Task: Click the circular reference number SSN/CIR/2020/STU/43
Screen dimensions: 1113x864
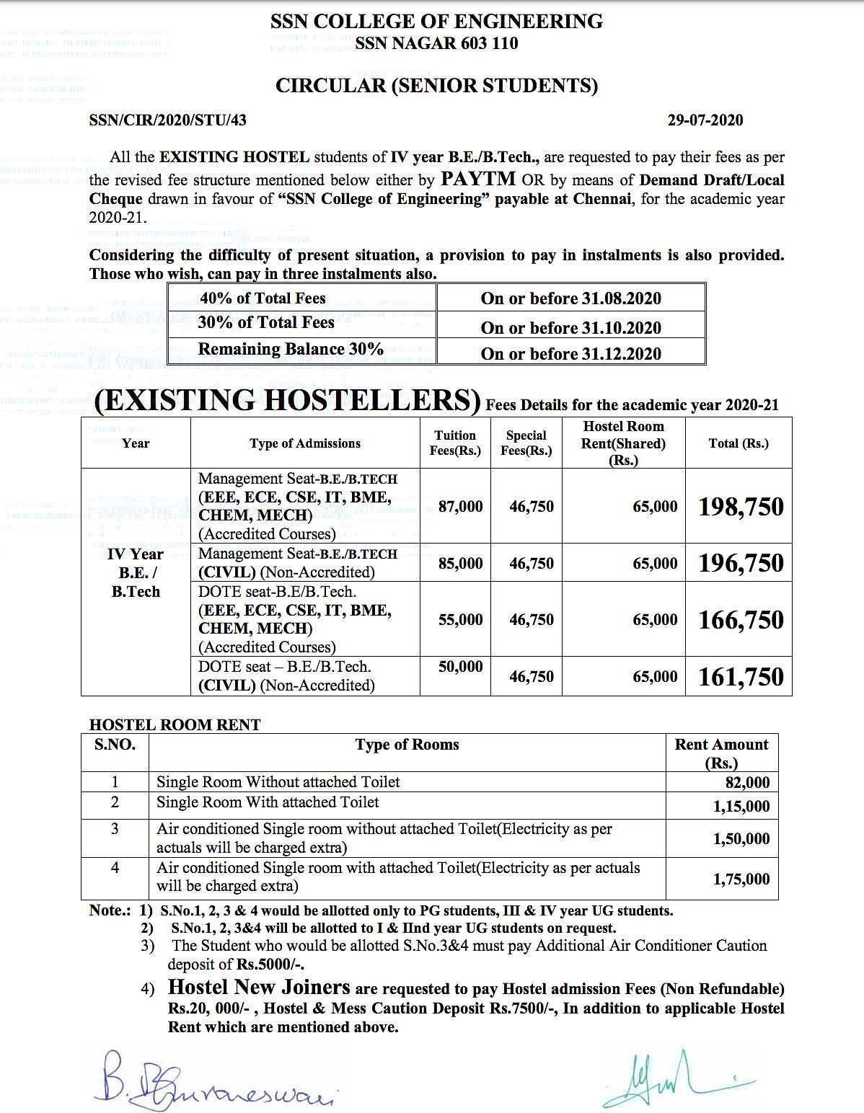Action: coord(167,120)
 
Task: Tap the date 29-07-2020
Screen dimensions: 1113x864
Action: coord(705,120)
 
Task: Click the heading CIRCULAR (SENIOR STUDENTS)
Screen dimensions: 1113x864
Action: coord(436,86)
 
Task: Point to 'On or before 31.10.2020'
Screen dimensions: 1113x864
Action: coord(570,328)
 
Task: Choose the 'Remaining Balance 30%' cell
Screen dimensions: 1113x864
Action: coord(291,350)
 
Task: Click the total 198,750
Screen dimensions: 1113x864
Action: coord(741,507)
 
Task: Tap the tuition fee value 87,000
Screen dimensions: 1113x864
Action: coord(460,507)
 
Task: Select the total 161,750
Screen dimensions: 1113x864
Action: coord(741,677)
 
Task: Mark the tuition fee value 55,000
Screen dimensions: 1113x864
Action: coord(460,620)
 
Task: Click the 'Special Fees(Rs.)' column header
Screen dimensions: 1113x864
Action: coord(526,443)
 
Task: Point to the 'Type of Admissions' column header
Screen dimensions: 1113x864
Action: coord(305,443)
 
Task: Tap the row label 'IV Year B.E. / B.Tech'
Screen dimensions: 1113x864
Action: coord(136,573)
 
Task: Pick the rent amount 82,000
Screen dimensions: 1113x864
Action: coord(747,783)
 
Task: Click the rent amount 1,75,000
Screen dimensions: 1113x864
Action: coord(741,879)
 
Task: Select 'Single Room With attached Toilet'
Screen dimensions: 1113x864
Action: coord(268,802)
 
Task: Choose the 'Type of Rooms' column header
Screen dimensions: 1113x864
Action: coord(407,745)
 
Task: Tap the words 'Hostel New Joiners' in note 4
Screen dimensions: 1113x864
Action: coord(259,987)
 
